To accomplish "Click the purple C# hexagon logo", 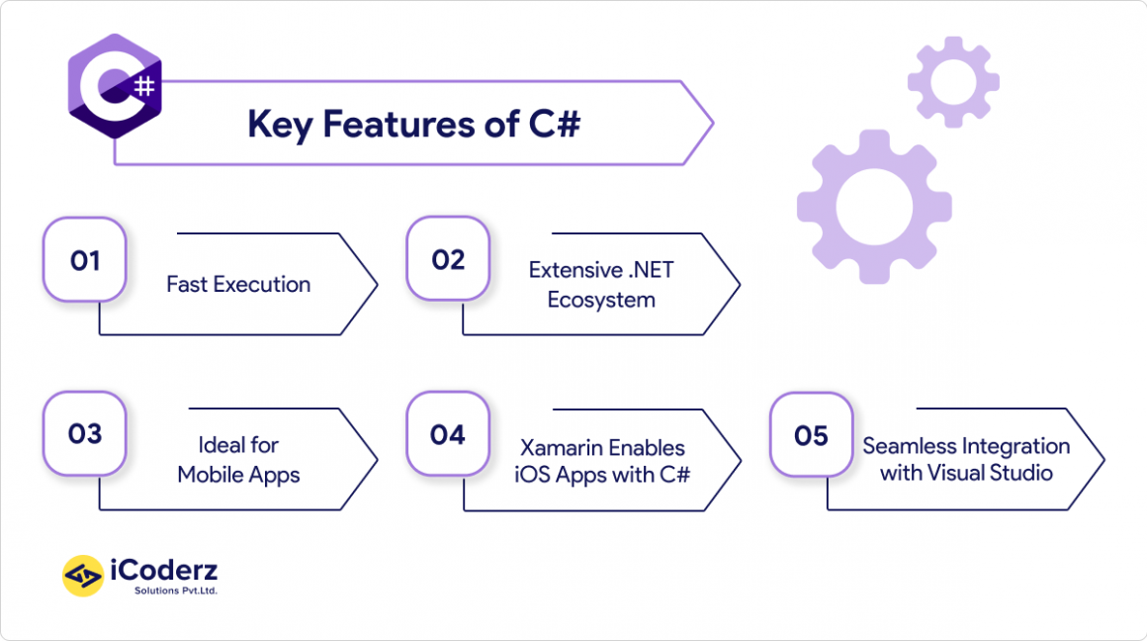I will pos(115,86).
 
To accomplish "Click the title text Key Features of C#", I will pos(413,125).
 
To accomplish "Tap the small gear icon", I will pos(953,82).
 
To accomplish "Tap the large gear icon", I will pos(873,206).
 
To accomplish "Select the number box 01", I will pos(85,261).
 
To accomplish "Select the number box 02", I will pos(448,260).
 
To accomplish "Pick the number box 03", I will pos(85,434).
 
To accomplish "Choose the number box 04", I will pos(448,434).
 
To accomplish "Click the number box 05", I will pos(811,435).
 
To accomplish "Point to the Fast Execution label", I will pos(238,285).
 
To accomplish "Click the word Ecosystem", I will pos(601,300).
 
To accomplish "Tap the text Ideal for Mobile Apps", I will pos(238,460).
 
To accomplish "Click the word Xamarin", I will pos(561,447).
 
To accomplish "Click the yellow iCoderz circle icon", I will pos(83,576).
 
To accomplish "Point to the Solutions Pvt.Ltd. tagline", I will pos(176,591).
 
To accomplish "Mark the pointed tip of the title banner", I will pos(712,124).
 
